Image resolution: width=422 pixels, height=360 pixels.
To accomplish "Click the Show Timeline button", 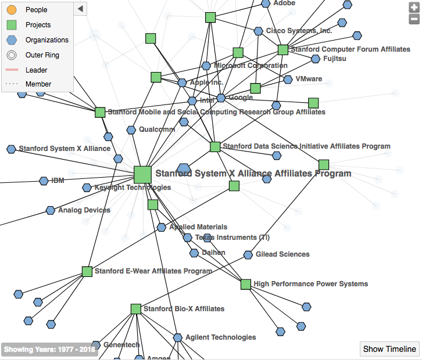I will pos(389,349).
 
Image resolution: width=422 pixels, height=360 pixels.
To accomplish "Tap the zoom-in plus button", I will pos(414,8).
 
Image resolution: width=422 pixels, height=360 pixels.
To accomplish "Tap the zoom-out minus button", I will pos(414,19).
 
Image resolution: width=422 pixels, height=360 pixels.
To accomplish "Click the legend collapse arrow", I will pos(81,8).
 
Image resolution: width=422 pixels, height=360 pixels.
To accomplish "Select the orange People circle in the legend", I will pos(11,10).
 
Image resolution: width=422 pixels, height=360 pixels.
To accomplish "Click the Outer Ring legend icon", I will pos(11,55).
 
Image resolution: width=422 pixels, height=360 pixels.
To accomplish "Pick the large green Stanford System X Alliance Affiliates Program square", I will pos(142,174).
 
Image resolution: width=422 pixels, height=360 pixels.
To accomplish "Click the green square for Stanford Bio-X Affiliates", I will pos(135,309).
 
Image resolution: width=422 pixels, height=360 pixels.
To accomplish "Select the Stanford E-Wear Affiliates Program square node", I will pos(87,271).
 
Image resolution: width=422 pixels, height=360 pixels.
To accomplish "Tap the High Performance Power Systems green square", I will pos(246,285).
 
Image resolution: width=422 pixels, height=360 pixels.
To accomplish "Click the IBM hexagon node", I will pos(44,181).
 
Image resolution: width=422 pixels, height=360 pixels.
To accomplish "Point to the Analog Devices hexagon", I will pos(51,210).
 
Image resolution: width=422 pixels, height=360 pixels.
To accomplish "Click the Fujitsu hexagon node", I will pos(316,59).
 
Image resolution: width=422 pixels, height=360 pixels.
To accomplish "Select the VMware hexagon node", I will pos(288,79).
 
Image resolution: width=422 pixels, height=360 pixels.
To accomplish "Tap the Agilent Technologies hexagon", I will pos(178,337).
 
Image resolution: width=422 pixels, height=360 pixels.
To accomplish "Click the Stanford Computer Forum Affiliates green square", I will pos(282,50).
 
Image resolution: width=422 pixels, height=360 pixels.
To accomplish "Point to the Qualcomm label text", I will pos(157,129).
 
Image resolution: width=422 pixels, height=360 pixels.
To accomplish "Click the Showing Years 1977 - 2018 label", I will pos(49,350).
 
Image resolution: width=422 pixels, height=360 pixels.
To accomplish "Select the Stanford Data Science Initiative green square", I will pos(215,147).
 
